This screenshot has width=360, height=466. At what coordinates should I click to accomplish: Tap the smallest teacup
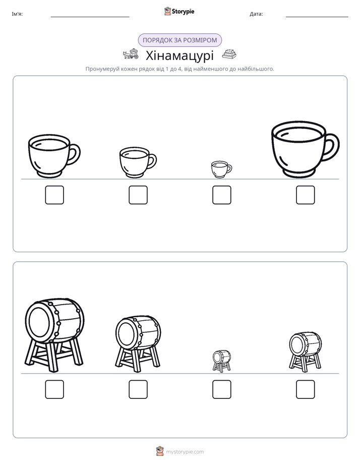click(x=221, y=169)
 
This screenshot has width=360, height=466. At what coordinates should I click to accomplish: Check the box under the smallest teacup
click(x=221, y=195)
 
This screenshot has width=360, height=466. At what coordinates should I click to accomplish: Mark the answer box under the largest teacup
click(x=306, y=195)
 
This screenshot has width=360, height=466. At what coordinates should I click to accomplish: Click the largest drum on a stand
click(x=54, y=335)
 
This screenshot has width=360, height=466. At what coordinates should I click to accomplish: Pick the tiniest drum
click(x=221, y=361)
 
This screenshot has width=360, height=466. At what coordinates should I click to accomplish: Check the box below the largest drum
click(x=54, y=389)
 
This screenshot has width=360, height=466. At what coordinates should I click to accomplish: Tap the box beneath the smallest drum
click(x=221, y=389)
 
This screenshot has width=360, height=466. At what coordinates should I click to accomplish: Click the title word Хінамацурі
click(x=179, y=55)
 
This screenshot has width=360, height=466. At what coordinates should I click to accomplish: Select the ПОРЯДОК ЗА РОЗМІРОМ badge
click(x=179, y=40)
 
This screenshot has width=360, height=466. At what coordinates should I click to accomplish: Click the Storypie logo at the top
click(x=179, y=12)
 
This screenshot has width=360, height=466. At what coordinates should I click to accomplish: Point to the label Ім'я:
click(x=17, y=14)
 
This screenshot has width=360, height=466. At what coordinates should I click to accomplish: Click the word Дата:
click(x=256, y=14)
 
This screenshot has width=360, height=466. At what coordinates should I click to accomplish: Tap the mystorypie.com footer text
click(x=185, y=452)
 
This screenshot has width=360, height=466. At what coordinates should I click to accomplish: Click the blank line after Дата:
click(x=317, y=17)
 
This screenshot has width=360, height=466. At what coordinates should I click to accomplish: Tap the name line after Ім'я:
click(x=90, y=17)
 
